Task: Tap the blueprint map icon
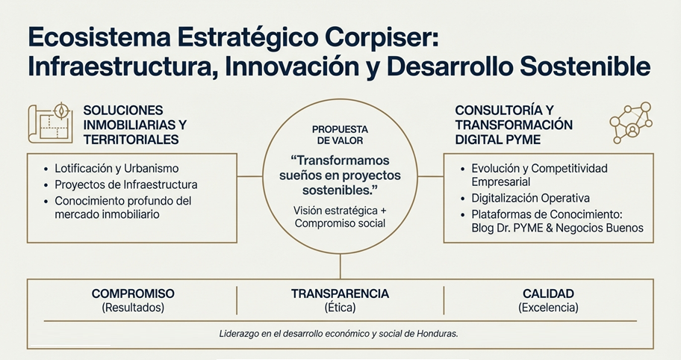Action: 50,123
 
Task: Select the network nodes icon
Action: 631,123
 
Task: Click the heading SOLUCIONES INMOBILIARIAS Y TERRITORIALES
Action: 134,125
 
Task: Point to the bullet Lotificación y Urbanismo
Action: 116,169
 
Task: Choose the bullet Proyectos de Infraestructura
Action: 126,185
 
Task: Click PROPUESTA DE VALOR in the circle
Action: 340,135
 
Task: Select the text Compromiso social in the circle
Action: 340,223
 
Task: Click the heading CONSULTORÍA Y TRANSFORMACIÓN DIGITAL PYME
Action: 514,125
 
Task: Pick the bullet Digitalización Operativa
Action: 531,199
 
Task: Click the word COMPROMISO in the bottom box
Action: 133,294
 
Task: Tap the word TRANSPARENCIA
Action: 340,294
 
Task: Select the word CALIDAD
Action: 548,294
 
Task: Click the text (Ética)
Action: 340,308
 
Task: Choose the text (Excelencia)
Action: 548,308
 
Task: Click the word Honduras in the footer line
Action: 438,334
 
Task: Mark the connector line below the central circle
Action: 340,266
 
